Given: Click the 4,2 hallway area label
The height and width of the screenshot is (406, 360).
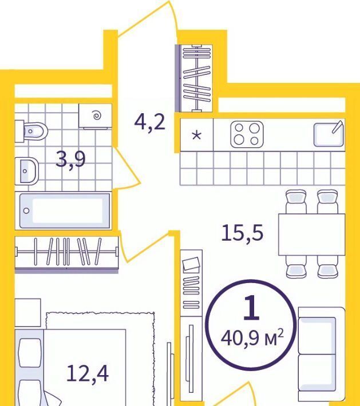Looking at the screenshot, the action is [150, 122].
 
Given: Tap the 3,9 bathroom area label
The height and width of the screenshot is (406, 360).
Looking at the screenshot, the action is [71, 160].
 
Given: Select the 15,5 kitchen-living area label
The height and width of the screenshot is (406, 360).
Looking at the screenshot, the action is [242, 233].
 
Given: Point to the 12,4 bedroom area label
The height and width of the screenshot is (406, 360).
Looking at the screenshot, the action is [88, 373].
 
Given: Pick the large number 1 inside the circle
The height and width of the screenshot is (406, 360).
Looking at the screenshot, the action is [251, 308].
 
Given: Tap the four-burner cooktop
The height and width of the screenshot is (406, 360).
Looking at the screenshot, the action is [247, 134].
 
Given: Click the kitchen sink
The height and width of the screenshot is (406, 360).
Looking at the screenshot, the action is [329, 134].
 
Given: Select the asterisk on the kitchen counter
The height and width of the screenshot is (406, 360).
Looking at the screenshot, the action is [196, 135].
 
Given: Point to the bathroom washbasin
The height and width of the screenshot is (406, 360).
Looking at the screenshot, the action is [27, 171].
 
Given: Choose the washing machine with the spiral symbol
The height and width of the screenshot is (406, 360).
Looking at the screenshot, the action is [96, 116].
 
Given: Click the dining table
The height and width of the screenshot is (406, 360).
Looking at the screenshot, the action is [312, 234].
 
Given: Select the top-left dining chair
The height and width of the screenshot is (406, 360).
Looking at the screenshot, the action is [296, 202].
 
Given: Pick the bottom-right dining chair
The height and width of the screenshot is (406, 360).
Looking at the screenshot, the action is [327, 267].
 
